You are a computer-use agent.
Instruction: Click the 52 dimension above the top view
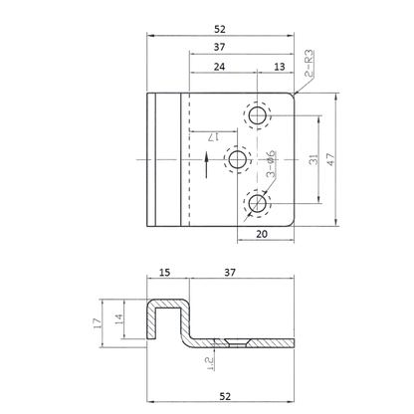click(x=220, y=30)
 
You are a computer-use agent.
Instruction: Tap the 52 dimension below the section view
click(x=225, y=396)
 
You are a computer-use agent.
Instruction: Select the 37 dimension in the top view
click(x=219, y=47)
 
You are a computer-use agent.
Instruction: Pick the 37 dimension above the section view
click(x=230, y=273)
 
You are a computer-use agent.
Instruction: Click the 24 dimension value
click(x=219, y=67)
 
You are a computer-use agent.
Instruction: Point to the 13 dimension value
click(x=280, y=67)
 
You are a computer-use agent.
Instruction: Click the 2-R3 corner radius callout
click(x=309, y=64)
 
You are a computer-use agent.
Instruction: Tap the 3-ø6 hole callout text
click(x=271, y=163)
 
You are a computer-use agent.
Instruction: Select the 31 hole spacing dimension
click(x=313, y=159)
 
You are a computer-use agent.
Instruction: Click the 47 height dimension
click(x=331, y=159)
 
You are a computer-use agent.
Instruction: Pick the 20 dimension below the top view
click(x=262, y=234)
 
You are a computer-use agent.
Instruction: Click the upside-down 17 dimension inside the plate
click(x=213, y=136)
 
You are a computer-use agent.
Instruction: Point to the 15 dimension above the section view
click(x=164, y=273)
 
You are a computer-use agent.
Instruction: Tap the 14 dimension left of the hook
click(x=118, y=319)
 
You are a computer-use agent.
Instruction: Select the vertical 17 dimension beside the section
click(x=97, y=323)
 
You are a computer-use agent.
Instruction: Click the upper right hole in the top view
click(x=257, y=115)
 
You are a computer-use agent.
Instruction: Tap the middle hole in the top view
click(x=238, y=159)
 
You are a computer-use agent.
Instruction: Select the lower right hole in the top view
click(x=257, y=203)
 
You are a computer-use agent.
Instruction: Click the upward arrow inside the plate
click(x=206, y=165)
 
